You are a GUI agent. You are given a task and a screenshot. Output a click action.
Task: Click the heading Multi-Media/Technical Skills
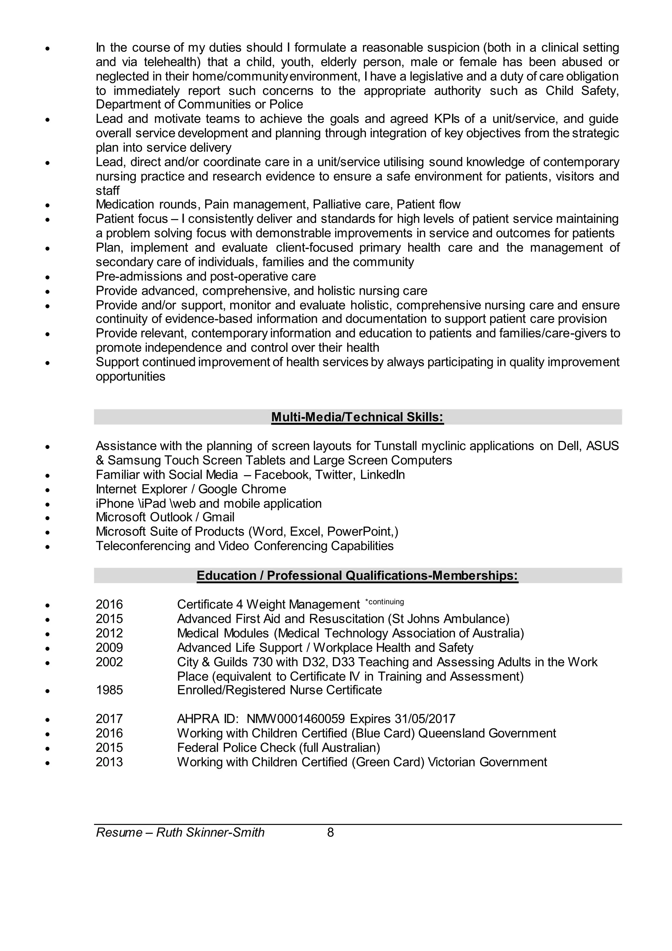point(357,417)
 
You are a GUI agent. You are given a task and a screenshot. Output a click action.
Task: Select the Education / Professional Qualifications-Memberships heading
point(357,576)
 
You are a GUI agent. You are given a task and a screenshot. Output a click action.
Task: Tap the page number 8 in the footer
point(330,832)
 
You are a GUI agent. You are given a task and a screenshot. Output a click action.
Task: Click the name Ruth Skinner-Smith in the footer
point(210,832)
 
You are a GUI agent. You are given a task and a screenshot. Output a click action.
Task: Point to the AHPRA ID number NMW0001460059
point(295,719)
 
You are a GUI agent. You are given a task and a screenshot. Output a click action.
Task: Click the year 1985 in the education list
point(109,690)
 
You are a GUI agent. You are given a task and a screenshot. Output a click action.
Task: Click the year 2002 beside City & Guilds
point(109,662)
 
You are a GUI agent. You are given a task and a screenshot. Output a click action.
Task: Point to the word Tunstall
point(396,446)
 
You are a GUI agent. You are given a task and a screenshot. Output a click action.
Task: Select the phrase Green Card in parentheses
point(388,762)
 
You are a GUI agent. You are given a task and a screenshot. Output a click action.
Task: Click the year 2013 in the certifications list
point(109,762)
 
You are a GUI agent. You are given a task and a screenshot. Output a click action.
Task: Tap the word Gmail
point(218,517)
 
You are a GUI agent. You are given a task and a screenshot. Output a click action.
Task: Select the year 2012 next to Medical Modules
point(109,633)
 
